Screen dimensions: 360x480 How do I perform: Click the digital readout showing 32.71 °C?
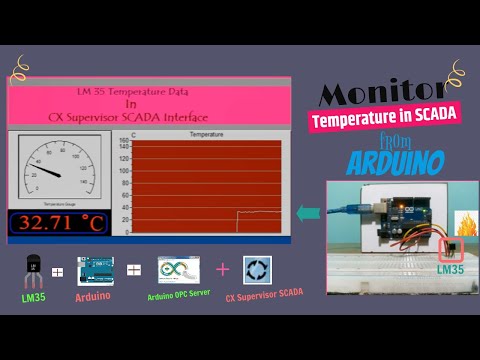(x=61, y=221)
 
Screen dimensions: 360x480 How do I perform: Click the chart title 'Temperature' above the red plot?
(x=206, y=133)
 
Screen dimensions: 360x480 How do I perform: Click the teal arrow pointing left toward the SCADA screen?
(x=309, y=211)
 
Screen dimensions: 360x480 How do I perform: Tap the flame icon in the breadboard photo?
(x=464, y=224)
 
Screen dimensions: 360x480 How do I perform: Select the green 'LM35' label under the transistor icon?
(x=35, y=298)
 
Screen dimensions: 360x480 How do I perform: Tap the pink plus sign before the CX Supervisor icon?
(x=222, y=269)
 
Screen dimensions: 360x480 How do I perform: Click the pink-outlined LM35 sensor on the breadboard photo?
(x=451, y=248)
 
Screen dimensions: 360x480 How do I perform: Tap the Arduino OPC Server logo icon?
(x=178, y=269)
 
